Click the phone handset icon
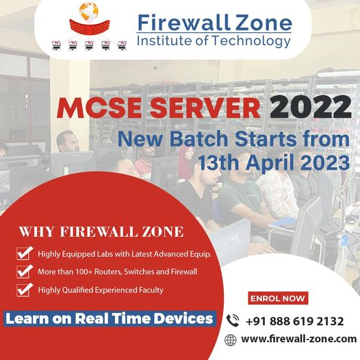click(x=233, y=319)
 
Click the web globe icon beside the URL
click(x=231, y=339)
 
